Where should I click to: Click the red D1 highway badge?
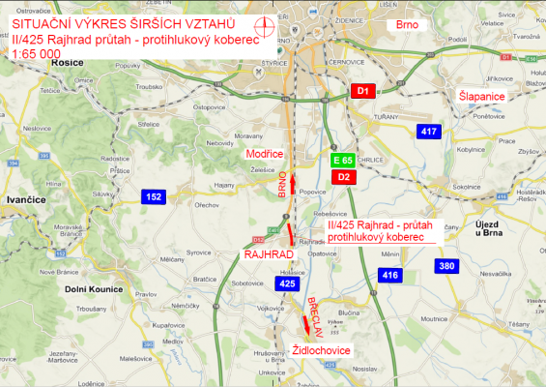(x=362, y=91)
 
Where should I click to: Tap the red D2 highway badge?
(x=343, y=177)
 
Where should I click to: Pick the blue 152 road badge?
(x=154, y=196)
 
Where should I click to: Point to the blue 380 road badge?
(x=445, y=266)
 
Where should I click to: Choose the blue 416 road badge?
(x=389, y=276)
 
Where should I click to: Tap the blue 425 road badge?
(x=287, y=284)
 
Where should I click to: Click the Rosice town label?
(x=35, y=61)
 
